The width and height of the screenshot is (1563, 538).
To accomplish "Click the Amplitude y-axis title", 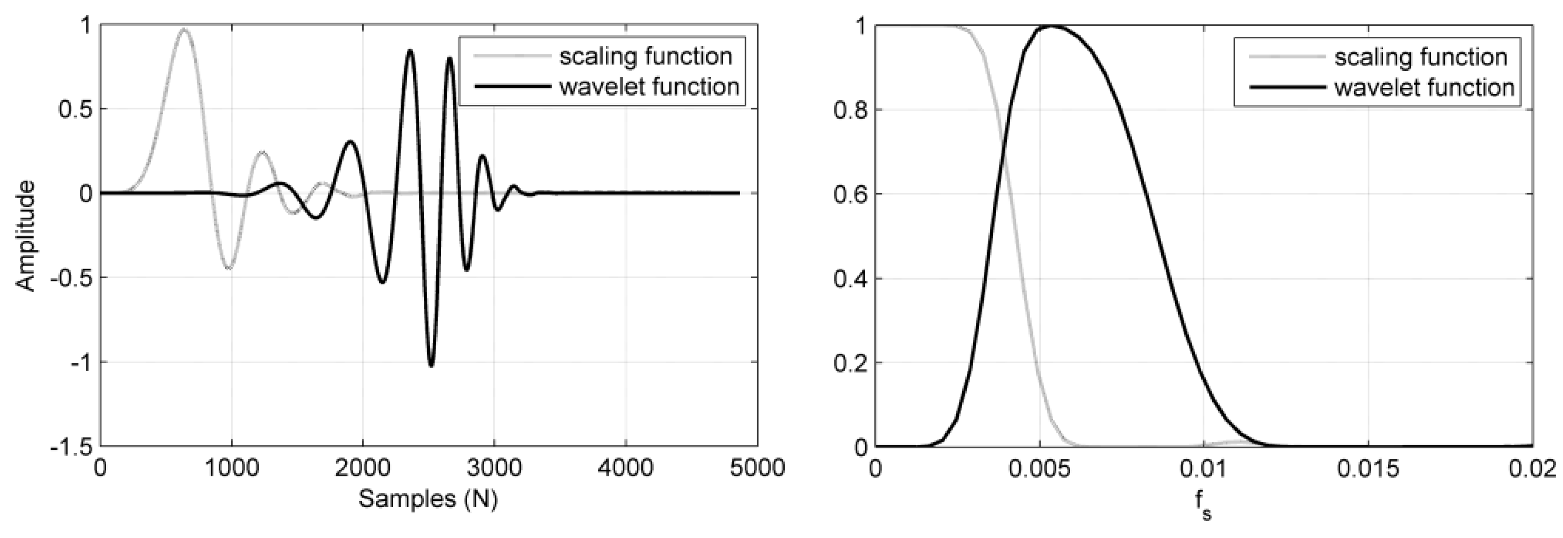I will [25, 235].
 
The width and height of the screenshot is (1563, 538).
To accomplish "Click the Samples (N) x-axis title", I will [428, 499].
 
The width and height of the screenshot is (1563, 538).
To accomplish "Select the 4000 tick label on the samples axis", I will [626, 468].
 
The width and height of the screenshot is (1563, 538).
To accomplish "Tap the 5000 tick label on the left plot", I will [757, 468].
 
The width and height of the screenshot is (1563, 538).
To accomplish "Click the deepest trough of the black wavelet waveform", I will [431, 366].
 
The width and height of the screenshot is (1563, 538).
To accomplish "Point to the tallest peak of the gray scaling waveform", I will [184, 29].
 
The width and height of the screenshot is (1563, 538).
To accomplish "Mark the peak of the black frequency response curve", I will [1051, 26].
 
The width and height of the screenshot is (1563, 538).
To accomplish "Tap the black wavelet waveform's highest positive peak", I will [410, 51].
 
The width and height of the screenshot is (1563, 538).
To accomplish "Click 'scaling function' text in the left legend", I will [645, 57].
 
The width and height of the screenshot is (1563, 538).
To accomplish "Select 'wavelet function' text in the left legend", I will [649, 87].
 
